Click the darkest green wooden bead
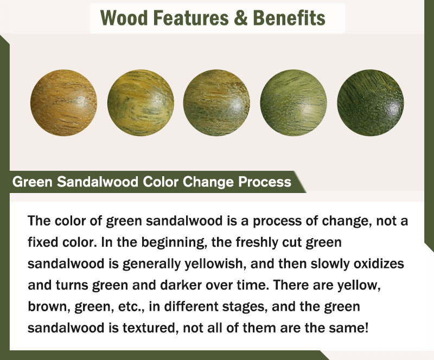(371, 102)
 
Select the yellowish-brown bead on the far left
(63, 102)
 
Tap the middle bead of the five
(216, 102)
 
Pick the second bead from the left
(141, 102)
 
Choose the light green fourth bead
(293, 102)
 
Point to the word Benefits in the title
(289, 18)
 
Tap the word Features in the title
(191, 18)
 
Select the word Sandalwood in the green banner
(98, 182)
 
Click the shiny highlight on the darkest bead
(392, 106)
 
